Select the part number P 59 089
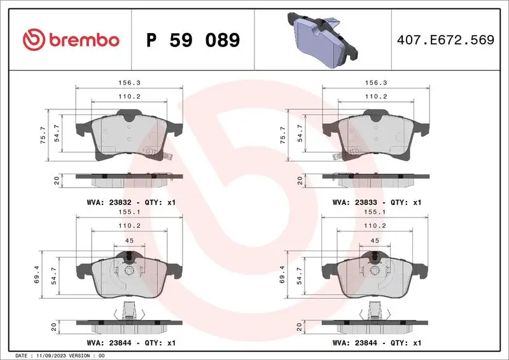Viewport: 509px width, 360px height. pos(193,41)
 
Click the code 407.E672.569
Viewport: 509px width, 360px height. pos(445,41)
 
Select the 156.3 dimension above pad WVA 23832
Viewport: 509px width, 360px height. pos(129,83)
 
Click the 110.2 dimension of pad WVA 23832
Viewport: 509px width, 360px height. pos(129,96)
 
